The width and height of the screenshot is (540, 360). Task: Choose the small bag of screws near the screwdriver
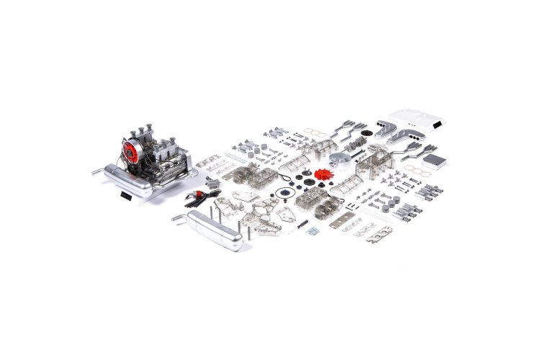coord(313,230)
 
